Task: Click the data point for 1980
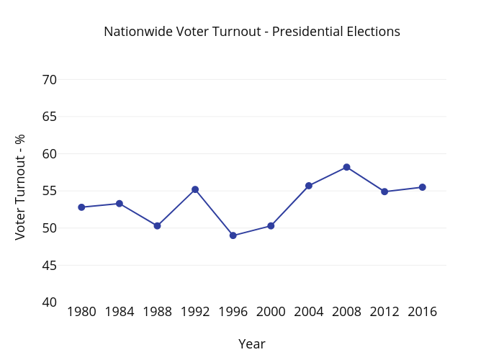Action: [x=81, y=207]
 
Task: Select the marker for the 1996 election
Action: [x=233, y=235]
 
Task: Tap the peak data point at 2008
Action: [x=346, y=167]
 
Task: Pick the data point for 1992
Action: [x=195, y=189]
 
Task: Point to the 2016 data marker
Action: [x=423, y=187]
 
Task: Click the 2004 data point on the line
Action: [x=309, y=186]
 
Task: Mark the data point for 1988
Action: [x=157, y=226]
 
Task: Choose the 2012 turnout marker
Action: [x=384, y=192]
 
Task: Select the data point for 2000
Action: [x=271, y=226]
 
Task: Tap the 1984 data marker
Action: [x=120, y=204]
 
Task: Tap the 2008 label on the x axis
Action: [x=346, y=312]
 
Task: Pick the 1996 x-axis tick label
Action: [x=233, y=312]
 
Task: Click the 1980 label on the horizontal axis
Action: [x=81, y=312]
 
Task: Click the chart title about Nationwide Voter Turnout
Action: [x=252, y=32]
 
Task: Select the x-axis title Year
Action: [x=252, y=344]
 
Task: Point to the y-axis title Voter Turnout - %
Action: [x=21, y=186]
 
